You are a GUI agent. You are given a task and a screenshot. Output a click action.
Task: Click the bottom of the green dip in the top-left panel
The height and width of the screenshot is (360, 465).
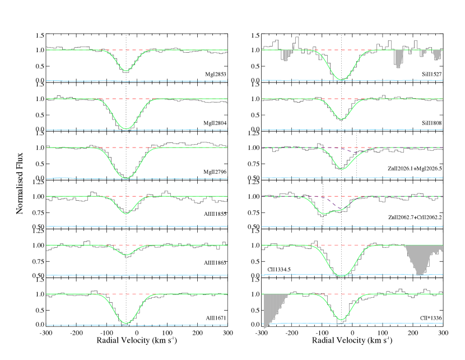pyautogui.click(x=126, y=71)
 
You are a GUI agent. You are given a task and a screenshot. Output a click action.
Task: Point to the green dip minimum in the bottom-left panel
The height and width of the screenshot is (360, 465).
pyautogui.click(x=126, y=323)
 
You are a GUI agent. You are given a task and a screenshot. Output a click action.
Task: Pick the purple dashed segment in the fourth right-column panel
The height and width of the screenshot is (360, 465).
pyautogui.click(x=333, y=202)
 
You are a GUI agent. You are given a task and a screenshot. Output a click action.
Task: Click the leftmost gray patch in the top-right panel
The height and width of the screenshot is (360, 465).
pyautogui.click(x=287, y=55)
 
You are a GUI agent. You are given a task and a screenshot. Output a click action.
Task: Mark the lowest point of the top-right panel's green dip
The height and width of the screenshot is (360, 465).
pyautogui.click(x=342, y=80)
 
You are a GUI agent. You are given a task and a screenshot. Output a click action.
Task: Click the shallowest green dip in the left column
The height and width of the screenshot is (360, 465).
pyautogui.click(x=126, y=255)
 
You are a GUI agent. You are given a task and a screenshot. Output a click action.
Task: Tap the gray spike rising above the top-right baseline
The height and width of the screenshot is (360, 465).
pyautogui.click(x=294, y=46)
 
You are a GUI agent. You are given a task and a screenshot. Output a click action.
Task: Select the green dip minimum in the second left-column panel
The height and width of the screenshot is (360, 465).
pyautogui.click(x=126, y=129)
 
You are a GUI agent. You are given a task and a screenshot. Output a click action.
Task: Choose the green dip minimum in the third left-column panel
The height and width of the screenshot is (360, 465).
pyautogui.click(x=126, y=178)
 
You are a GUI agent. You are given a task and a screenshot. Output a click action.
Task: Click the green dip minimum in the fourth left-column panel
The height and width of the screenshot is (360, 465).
pyautogui.click(x=126, y=214)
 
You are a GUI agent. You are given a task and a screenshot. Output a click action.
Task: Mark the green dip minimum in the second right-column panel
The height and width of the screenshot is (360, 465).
pyautogui.click(x=342, y=119)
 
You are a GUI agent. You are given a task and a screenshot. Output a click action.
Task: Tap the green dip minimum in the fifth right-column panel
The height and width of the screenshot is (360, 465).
pyautogui.click(x=342, y=276)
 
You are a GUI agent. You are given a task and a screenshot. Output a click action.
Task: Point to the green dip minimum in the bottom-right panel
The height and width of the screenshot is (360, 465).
pyautogui.click(x=341, y=320)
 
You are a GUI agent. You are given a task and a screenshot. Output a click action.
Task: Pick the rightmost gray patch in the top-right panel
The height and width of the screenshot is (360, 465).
pyautogui.click(x=437, y=55)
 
